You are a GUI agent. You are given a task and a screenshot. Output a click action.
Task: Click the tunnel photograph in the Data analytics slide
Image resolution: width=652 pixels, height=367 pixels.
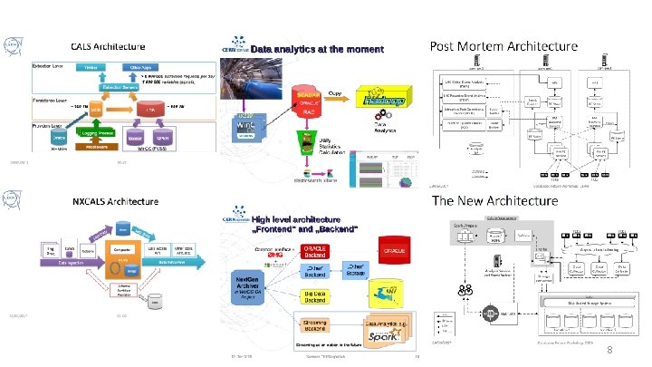pos(244,125)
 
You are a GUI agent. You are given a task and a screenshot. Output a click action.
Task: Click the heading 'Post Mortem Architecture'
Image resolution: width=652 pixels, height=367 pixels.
pos(503,45)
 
